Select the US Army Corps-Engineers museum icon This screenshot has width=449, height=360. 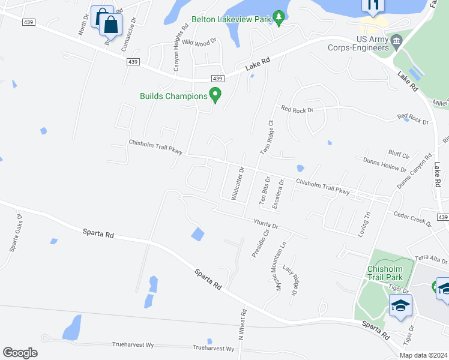(396, 42)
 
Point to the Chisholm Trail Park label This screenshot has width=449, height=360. (384, 274)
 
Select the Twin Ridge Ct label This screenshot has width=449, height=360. (266, 139)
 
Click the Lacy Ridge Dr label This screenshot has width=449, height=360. (291, 281)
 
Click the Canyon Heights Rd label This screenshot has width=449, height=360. (177, 53)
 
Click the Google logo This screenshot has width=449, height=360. (20, 352)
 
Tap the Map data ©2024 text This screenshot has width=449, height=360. (423, 355)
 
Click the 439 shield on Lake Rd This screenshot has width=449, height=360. (217, 79)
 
